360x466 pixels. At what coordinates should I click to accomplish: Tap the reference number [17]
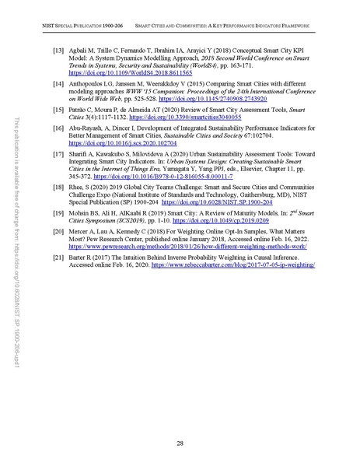57,176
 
